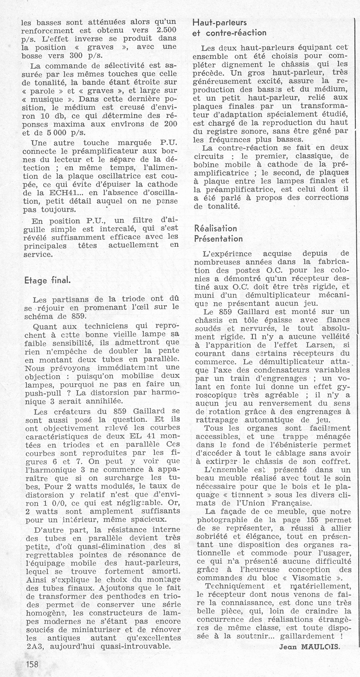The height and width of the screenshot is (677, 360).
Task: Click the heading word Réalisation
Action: pyautogui.click(x=216, y=228)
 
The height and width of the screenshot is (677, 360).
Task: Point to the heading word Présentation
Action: pyautogui.click(x=219, y=239)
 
